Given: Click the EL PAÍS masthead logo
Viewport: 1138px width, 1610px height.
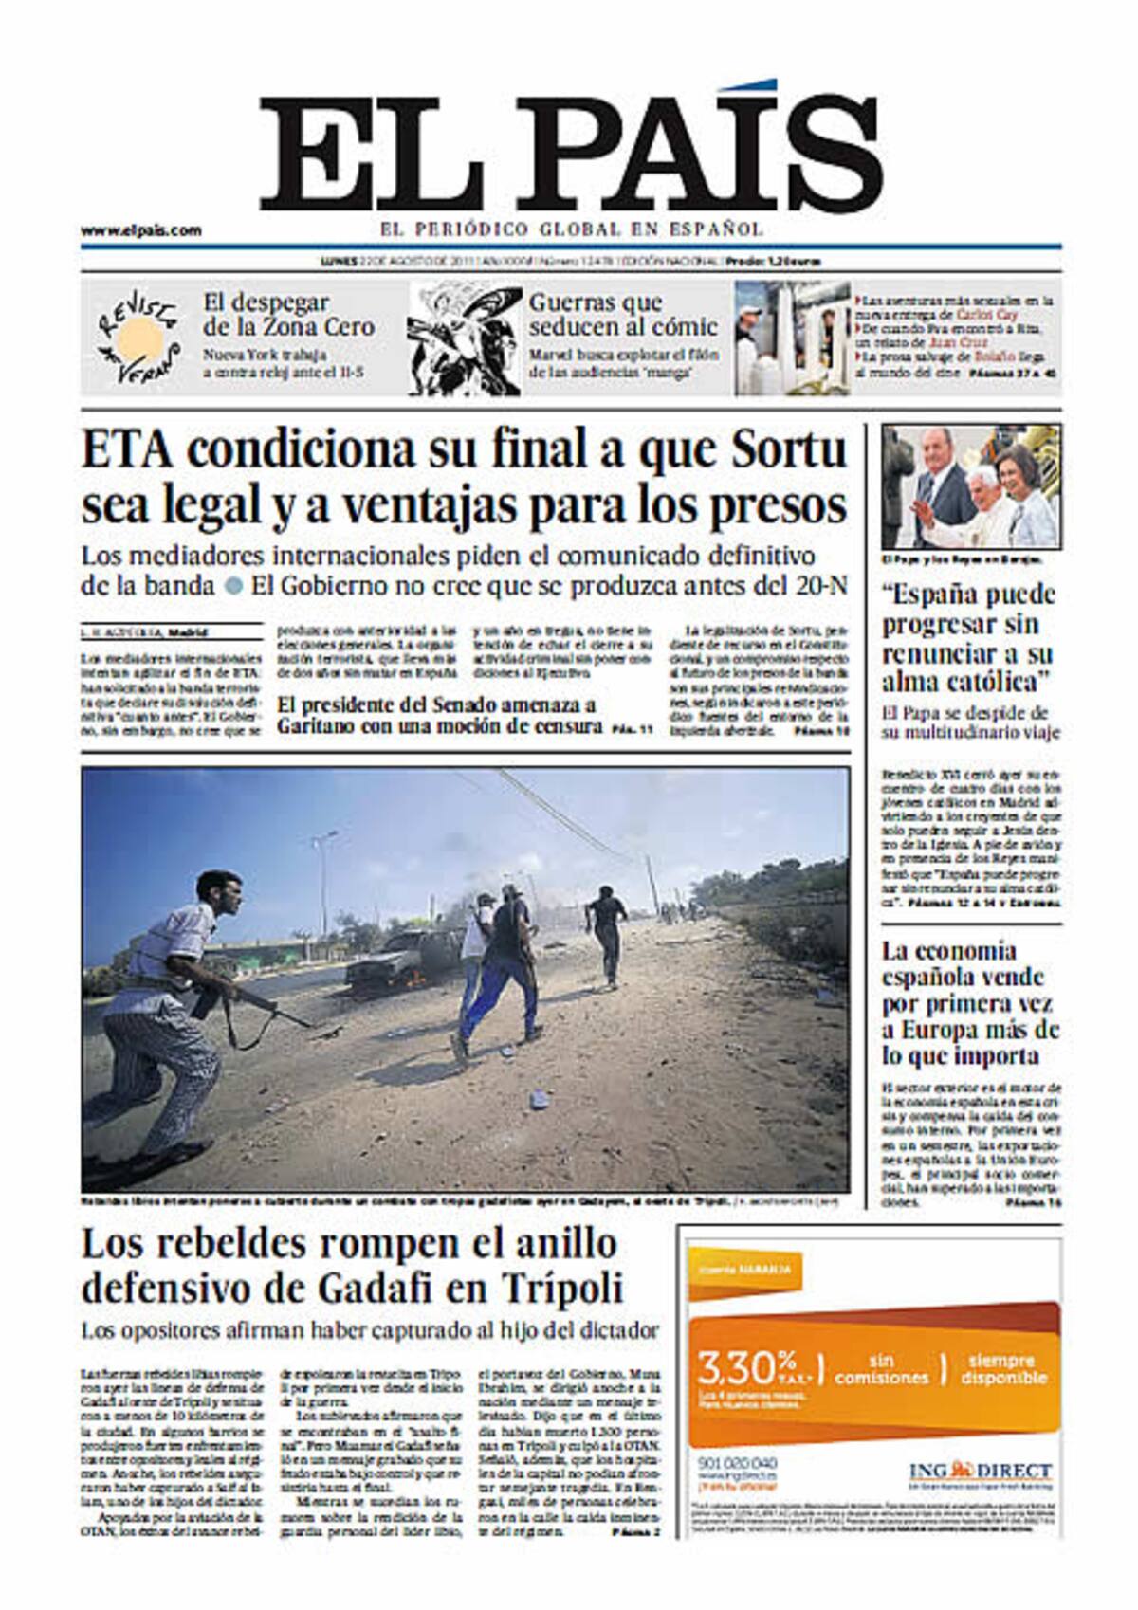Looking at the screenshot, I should click(571, 152).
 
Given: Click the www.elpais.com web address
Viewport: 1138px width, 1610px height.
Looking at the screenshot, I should click(140, 230).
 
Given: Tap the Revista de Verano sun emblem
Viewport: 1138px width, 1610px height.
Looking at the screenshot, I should click(139, 336).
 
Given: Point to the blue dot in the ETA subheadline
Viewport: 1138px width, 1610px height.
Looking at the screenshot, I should click(233, 586).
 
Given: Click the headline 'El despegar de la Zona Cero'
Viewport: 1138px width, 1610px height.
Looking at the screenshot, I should click(288, 315).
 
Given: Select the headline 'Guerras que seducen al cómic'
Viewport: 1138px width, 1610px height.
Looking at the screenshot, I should click(622, 315).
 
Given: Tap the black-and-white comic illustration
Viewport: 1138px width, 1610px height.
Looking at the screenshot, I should click(464, 338).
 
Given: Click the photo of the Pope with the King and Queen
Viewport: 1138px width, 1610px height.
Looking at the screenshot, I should click(971, 486).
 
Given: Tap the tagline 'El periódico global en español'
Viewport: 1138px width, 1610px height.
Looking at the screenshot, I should click(571, 229).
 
